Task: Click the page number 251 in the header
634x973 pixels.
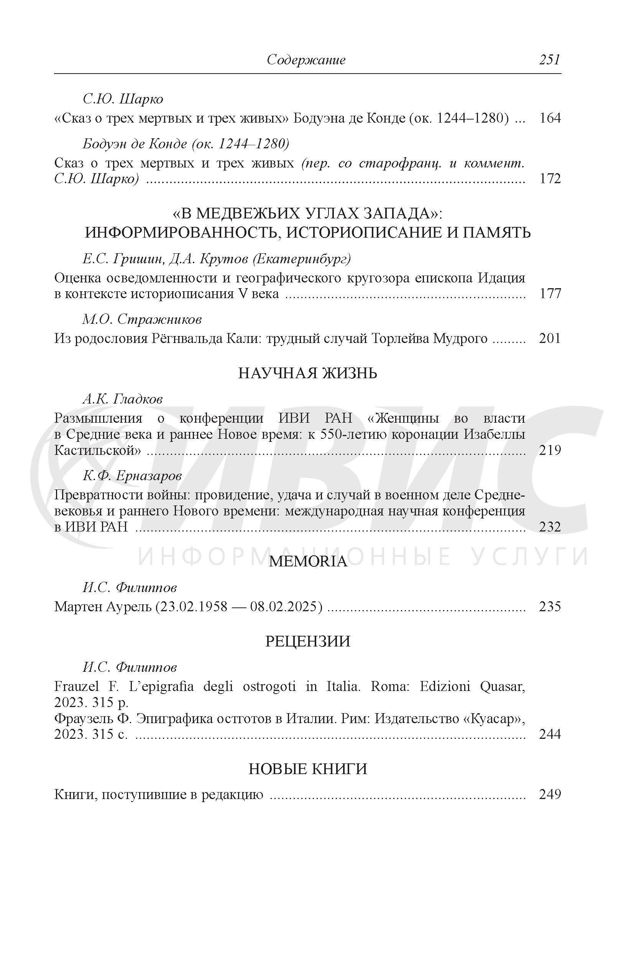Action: click(x=549, y=60)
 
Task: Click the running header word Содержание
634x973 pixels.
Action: click(x=306, y=60)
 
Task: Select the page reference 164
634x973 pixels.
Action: click(x=550, y=118)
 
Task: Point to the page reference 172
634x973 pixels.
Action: click(x=550, y=179)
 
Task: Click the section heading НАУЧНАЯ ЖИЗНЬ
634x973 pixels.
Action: click(x=307, y=373)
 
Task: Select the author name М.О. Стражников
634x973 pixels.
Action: click(x=142, y=319)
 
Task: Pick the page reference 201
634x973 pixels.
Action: click(x=550, y=338)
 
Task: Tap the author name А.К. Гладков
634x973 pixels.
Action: click(x=123, y=399)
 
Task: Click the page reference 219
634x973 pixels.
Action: click(x=550, y=450)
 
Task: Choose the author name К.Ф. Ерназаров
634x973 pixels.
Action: click(x=132, y=476)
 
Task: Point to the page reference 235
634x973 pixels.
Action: click(x=550, y=606)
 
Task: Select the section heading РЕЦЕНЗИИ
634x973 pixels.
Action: click(x=307, y=642)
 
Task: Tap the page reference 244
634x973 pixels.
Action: click(x=550, y=734)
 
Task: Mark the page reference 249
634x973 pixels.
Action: click(x=550, y=794)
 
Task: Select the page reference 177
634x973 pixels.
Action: click(x=550, y=294)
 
